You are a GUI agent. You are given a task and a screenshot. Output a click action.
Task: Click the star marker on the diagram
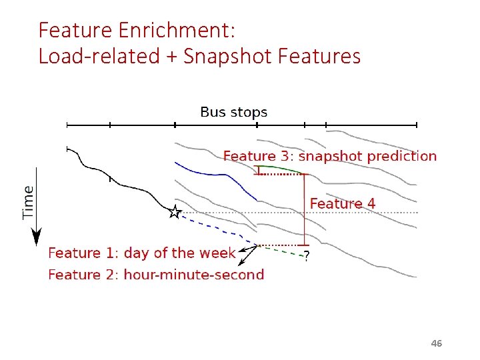174,213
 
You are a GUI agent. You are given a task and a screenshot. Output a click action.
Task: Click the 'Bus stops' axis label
233,112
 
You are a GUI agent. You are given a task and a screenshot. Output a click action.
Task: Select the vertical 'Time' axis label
29,201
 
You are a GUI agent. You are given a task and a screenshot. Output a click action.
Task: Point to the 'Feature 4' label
343,203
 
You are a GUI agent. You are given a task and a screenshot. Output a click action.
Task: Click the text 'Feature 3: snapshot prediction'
329,156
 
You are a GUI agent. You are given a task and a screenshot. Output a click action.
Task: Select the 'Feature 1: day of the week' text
141,253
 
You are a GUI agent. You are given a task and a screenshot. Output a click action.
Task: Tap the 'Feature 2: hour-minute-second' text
156,274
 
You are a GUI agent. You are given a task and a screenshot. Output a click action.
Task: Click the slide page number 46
437,343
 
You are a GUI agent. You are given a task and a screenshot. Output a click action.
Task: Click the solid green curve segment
280,167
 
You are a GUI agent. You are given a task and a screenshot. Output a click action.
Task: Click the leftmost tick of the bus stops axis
67,125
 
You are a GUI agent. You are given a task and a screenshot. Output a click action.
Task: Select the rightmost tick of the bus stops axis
417,125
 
